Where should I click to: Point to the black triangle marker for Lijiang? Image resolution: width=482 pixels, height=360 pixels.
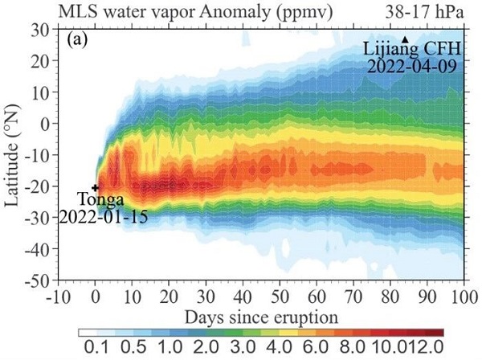[x=406, y=39]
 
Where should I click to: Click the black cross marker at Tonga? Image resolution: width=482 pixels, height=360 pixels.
[x=96, y=188]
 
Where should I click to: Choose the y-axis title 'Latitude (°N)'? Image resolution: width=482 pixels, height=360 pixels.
[x=14, y=155]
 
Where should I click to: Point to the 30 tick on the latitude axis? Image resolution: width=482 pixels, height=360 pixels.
[x=40, y=30]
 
